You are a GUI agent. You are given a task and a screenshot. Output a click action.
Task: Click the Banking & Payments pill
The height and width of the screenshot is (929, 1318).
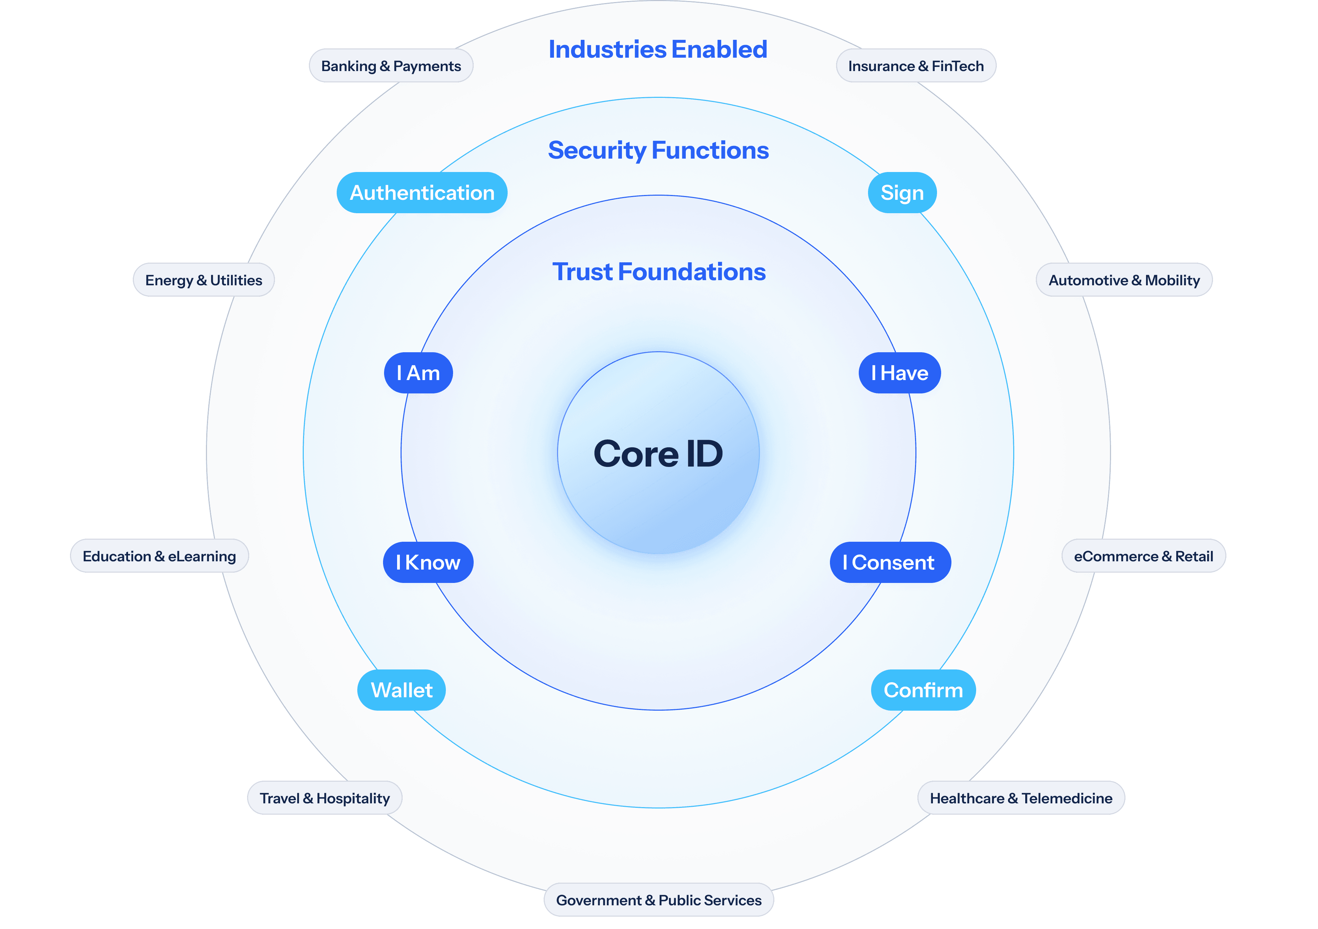(391, 66)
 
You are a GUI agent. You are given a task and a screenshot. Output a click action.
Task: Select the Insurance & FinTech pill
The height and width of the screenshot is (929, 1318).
(916, 66)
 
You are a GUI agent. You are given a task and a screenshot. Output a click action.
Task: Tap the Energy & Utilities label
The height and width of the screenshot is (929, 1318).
(204, 280)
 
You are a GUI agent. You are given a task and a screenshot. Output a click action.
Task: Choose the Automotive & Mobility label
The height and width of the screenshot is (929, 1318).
(1124, 280)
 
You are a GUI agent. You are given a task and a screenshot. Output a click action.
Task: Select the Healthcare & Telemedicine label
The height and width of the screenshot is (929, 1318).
(1021, 798)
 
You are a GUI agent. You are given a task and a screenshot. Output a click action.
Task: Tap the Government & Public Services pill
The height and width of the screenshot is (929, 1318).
(658, 900)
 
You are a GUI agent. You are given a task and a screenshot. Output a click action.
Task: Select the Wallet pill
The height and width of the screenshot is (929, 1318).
(401, 690)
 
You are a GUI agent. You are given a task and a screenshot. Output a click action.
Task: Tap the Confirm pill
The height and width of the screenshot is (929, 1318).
(923, 690)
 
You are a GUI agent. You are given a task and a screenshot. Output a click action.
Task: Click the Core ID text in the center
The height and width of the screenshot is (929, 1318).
(658, 454)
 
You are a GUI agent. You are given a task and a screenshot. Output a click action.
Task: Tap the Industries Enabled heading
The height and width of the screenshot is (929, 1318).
(658, 49)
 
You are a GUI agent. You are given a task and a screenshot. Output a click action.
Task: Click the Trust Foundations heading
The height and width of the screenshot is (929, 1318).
(658, 272)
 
